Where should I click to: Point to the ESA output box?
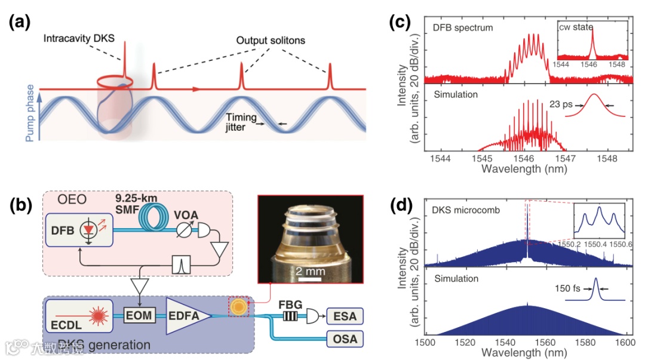click(345, 316)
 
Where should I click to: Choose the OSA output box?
click(345, 339)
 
